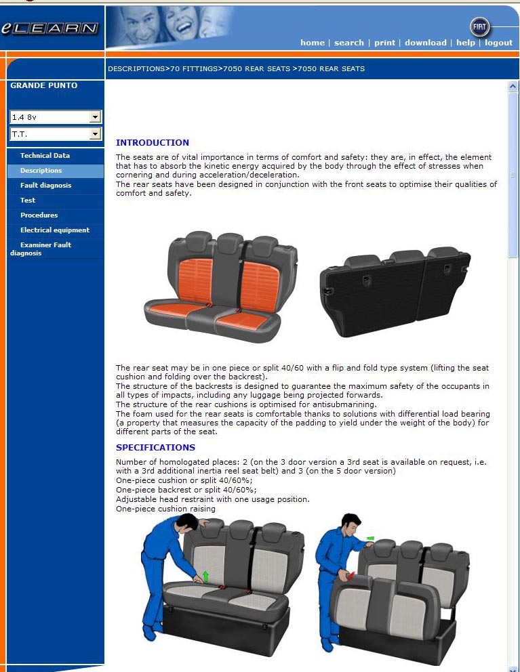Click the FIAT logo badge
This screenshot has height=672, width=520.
click(x=479, y=27)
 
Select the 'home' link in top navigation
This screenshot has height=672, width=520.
click(x=313, y=43)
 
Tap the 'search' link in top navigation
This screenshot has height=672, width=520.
click(x=348, y=43)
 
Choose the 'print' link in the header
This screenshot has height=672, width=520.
click(x=384, y=43)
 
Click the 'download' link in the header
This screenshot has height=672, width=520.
click(x=426, y=43)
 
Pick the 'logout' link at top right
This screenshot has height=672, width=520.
click(x=498, y=43)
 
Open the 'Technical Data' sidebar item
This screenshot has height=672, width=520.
click(x=45, y=156)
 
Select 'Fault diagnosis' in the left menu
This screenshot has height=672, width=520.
click(x=46, y=185)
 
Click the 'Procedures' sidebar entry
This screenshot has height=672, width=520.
click(x=39, y=215)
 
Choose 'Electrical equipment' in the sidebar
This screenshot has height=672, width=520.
click(x=55, y=230)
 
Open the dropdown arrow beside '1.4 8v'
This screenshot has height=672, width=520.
click(x=95, y=117)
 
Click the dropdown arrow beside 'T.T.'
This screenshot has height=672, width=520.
click(x=95, y=134)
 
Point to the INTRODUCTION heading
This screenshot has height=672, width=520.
click(x=153, y=143)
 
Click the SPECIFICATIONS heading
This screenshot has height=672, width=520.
click(x=155, y=447)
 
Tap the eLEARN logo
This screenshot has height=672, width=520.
click(x=49, y=28)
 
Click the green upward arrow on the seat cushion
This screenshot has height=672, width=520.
click(x=205, y=576)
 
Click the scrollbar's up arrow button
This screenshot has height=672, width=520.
click(x=513, y=86)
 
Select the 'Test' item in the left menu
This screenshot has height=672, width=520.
click(x=28, y=200)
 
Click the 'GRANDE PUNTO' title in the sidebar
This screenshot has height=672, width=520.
click(x=44, y=85)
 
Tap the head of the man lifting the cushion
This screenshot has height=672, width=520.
click(x=187, y=522)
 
